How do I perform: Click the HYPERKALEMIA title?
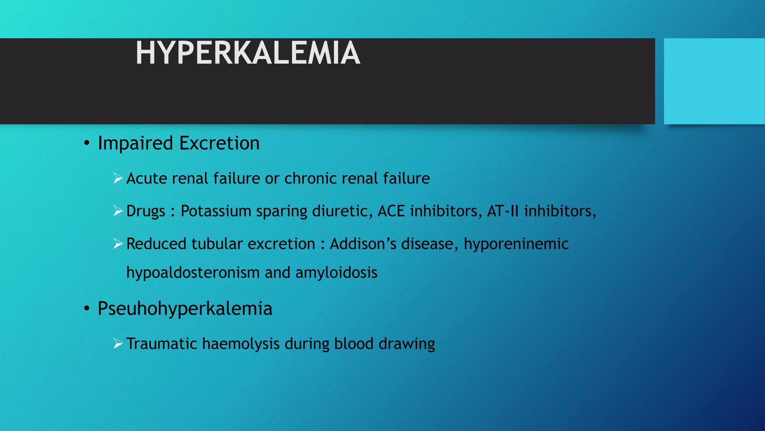pyautogui.click(x=248, y=53)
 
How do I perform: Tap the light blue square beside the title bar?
pyautogui.click(x=714, y=81)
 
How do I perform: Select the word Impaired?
pyautogui.click(x=135, y=143)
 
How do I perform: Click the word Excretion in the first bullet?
pyautogui.click(x=219, y=143)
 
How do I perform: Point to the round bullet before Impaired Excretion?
pyautogui.click(x=87, y=143)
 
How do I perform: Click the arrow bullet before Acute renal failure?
pyautogui.click(x=118, y=178)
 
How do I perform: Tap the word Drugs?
pyautogui.click(x=146, y=211)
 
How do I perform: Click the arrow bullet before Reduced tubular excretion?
pyautogui.click(x=118, y=244)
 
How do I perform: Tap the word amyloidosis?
pyautogui.click(x=336, y=273)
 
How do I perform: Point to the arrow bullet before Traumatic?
pyautogui.click(x=118, y=343)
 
